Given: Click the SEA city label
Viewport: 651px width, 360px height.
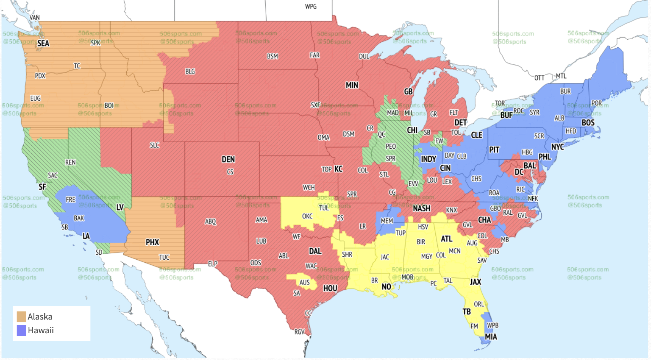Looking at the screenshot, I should point(43,43).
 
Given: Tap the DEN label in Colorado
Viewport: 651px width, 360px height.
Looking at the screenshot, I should point(228,159).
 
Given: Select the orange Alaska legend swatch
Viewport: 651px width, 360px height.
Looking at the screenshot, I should point(21,317).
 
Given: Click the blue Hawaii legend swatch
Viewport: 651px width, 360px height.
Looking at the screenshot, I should point(21,330).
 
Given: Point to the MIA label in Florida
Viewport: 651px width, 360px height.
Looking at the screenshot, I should point(491,337).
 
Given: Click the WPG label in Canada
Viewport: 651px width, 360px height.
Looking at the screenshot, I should point(311,6).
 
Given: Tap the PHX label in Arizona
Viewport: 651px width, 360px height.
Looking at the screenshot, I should point(152,242).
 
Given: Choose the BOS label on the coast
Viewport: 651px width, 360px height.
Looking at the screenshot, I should point(588,123).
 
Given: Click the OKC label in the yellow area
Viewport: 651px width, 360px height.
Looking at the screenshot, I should point(307,216).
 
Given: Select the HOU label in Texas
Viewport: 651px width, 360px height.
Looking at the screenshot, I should point(330,288).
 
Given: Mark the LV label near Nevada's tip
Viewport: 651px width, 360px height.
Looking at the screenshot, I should point(120,207).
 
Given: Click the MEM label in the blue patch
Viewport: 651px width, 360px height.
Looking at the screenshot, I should point(387,221).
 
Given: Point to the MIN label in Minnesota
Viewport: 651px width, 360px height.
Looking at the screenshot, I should point(352,85).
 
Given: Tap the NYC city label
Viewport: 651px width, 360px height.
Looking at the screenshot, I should point(557,147).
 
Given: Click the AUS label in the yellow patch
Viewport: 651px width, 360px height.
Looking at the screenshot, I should point(304,283).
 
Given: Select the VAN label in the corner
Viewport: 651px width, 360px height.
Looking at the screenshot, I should point(34,18).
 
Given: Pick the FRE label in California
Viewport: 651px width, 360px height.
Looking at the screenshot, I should point(71,199).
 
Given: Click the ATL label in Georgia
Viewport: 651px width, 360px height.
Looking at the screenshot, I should point(446,239).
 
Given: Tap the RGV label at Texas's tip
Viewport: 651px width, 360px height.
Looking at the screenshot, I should point(300,332).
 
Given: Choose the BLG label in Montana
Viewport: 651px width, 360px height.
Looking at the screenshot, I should point(190,71).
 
